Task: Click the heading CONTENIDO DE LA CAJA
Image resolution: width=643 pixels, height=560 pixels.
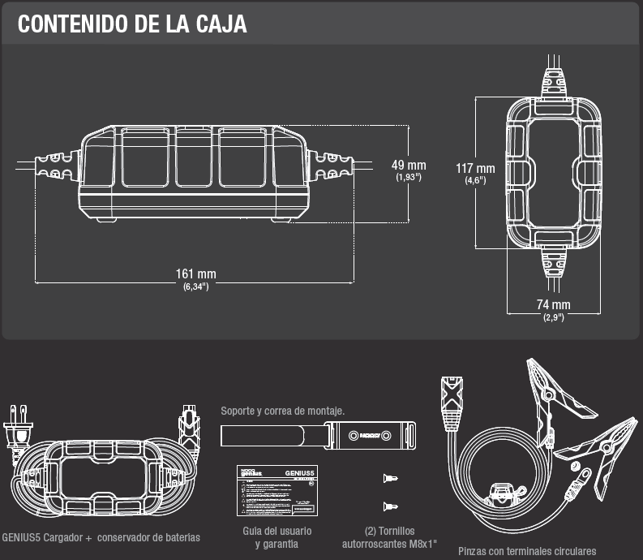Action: point(132,24)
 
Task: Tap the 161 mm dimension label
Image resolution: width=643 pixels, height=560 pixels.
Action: point(195,274)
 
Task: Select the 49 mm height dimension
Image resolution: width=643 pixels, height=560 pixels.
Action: point(409,166)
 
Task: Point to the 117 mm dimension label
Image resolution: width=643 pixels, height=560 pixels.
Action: point(475,169)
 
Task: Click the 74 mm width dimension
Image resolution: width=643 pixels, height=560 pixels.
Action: point(554,305)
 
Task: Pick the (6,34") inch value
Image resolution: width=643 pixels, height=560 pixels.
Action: point(195,286)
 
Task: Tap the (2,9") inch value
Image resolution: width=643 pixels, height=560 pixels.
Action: point(554,317)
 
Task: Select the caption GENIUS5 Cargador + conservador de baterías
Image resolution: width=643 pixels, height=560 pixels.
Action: point(101,537)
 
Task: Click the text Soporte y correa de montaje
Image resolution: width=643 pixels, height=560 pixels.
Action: point(283,411)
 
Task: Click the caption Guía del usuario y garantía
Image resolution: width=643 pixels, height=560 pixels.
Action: point(276,537)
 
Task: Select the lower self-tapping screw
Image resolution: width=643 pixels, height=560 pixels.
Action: point(391,505)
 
